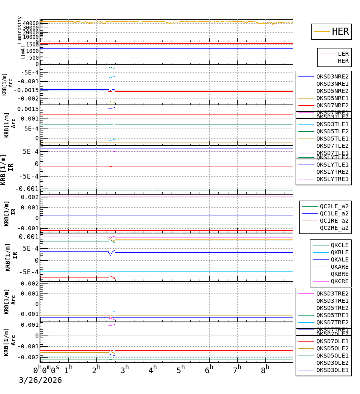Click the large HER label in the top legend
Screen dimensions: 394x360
(340, 32)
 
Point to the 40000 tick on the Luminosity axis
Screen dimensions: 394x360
(30, 23)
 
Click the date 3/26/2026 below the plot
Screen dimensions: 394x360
(40, 380)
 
